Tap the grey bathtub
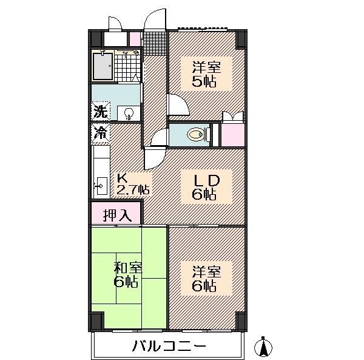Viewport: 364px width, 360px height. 103,66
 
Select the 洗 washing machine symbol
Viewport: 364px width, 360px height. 100,111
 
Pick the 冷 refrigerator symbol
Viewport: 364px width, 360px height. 100,133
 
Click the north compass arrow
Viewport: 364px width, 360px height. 263,347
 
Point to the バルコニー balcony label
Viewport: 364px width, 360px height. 169,346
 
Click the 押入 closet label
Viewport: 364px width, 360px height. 117,215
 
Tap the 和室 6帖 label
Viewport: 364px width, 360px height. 127,275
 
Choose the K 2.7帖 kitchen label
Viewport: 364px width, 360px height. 133,184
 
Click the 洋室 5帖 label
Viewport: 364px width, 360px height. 206,74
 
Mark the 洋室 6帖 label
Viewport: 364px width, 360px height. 206,279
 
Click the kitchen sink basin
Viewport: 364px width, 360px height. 102,186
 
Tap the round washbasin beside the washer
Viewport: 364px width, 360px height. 129,114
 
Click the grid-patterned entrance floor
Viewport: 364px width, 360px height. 155,43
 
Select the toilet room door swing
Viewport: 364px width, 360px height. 159,137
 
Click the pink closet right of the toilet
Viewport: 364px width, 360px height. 233,135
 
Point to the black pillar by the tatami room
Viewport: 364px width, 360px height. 96,321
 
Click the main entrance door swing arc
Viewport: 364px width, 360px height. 155,19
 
